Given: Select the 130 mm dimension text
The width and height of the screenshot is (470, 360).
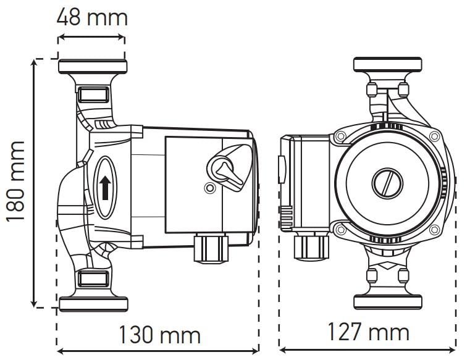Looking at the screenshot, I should pos(159,335).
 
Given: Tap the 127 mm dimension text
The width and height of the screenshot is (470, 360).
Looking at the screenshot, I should pos(368,332).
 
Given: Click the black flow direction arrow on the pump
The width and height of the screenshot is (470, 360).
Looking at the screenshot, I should pos(105,187).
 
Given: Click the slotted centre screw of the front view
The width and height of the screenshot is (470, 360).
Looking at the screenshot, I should pos(387,183).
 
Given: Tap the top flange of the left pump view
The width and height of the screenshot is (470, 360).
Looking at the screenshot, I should pos(93,66).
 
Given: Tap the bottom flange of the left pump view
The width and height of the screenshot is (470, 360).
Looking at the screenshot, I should pos(93,304).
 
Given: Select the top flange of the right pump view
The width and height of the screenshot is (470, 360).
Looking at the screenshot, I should pos(387,64).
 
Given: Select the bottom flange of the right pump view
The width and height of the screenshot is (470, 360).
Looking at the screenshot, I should pos(387,302).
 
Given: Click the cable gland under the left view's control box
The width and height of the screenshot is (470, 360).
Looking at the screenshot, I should pos(211,248).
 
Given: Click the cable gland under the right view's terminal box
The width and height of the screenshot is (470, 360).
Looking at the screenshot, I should pos(311,246).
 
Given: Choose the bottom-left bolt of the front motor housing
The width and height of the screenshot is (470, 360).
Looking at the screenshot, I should pos(340,230).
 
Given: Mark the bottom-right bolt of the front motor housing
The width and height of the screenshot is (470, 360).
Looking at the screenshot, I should pos(434,230).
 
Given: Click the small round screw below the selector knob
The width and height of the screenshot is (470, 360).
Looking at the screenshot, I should pos(210,188).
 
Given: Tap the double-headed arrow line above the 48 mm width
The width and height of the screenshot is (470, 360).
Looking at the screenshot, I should pos(91,38).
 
